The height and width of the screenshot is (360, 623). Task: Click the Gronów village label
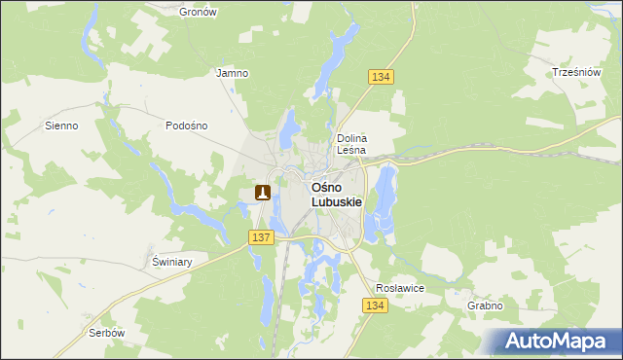pos(199,12)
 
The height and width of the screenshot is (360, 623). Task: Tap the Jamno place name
pos(232,73)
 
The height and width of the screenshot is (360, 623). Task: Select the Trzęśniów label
pos(573,73)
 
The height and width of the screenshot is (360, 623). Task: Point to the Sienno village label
pos(61,126)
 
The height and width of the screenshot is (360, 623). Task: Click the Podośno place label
pos(186,126)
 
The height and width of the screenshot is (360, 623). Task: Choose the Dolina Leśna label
pos(350,144)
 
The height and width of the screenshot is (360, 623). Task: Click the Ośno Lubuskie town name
pos(336,194)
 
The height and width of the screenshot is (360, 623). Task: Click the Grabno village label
pos(484,306)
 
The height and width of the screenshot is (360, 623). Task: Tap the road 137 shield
pos(260,237)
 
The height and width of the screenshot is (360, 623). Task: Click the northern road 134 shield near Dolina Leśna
pos(381,77)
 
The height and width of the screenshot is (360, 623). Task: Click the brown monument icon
pos(262,193)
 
